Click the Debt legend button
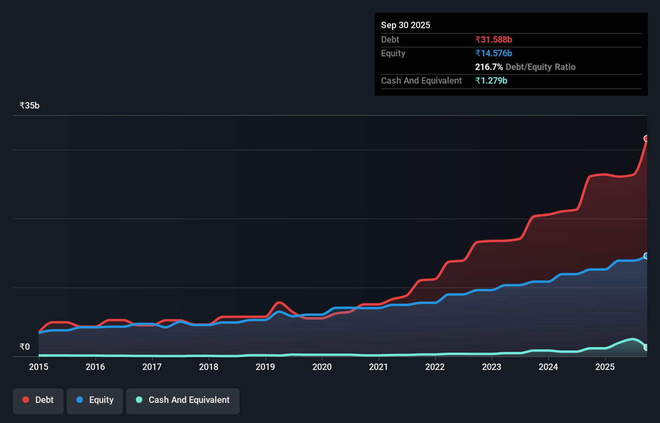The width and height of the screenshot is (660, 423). [38, 400]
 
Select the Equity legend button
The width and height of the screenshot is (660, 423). [95, 400]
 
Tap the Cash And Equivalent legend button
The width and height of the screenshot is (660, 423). [183, 400]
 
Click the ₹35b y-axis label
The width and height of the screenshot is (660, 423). [29, 106]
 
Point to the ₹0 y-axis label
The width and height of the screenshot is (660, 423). [25, 347]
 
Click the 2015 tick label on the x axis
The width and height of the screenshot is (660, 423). [39, 367]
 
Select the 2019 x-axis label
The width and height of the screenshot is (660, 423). [265, 367]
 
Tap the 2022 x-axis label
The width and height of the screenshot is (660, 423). [435, 367]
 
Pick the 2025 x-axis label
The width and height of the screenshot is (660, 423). [605, 367]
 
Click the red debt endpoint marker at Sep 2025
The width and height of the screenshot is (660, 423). [646, 139]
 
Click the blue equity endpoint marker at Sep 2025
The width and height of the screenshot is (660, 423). [646, 256]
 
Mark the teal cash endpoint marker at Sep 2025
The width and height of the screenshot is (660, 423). [646, 347]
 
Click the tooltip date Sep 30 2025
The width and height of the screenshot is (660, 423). [406, 25]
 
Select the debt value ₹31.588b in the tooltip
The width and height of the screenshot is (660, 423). [494, 40]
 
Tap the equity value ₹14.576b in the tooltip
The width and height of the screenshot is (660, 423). [494, 53]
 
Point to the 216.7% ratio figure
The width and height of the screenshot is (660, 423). [489, 67]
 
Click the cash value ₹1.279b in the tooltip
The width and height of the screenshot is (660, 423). [491, 81]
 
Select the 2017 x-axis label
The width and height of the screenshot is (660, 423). [152, 367]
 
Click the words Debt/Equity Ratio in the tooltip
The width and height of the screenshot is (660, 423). [541, 67]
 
